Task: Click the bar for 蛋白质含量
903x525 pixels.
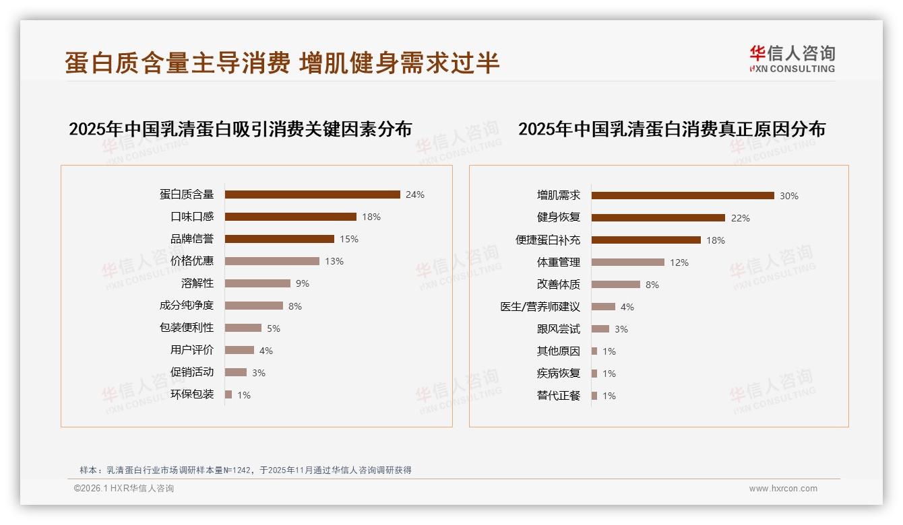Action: click(312, 195)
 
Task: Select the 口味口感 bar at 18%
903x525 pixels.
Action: click(290, 217)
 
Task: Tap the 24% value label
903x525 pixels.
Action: click(415, 195)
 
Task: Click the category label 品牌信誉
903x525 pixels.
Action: click(192, 239)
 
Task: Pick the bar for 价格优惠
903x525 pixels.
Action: click(272, 261)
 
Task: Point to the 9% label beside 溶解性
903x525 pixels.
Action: click(303, 283)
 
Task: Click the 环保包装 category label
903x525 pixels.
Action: click(192, 394)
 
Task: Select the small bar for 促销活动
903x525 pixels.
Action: click(236, 372)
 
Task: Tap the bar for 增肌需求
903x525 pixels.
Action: click(683, 195)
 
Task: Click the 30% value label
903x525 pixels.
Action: click(789, 196)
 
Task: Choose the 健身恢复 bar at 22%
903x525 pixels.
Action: click(658, 217)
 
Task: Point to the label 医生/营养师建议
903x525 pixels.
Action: click(540, 307)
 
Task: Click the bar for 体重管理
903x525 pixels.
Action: click(628, 262)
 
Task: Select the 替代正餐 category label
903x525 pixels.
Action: click(558, 396)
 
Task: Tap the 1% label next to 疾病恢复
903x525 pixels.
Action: click(609, 374)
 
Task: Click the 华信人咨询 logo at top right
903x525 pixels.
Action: click(792, 59)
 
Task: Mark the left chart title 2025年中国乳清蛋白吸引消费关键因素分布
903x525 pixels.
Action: click(240, 129)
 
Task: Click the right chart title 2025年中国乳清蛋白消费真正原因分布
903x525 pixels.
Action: click(671, 129)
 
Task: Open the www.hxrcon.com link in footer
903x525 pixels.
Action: click(783, 489)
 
